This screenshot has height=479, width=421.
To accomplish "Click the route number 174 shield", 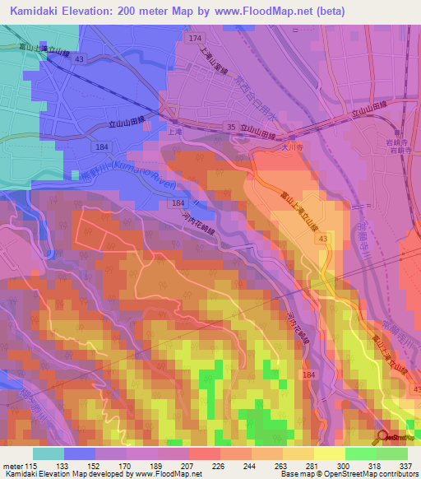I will click(x=194, y=39).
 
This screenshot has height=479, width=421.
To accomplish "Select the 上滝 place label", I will click(x=173, y=129).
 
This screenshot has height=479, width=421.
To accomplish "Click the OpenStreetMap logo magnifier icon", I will click(x=382, y=437).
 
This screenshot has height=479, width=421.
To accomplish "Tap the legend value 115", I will click(x=31, y=465).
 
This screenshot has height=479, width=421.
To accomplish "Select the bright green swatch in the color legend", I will click(x=360, y=453).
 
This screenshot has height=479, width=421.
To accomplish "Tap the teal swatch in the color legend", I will click(x=48, y=453).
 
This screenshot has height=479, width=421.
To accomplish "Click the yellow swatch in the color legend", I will click(x=329, y=453).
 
